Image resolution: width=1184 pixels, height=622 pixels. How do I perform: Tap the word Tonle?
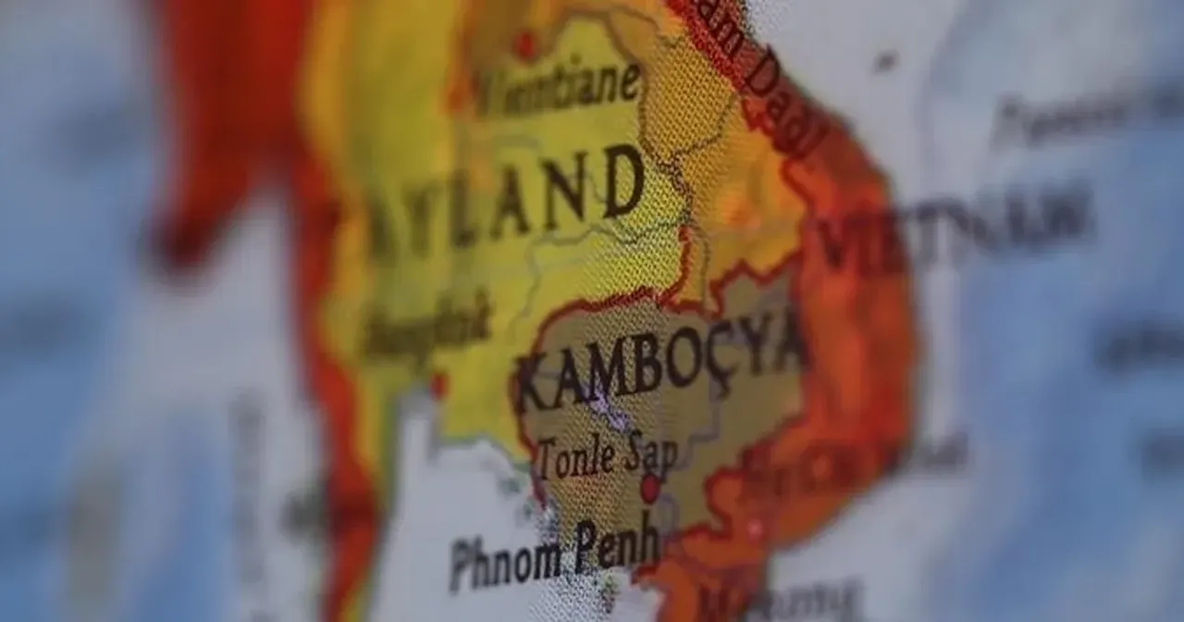577,458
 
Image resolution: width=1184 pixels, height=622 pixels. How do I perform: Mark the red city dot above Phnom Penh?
650,488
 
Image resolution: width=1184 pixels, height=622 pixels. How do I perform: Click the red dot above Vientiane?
525,44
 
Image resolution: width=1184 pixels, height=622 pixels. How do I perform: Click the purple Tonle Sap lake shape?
607,407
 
